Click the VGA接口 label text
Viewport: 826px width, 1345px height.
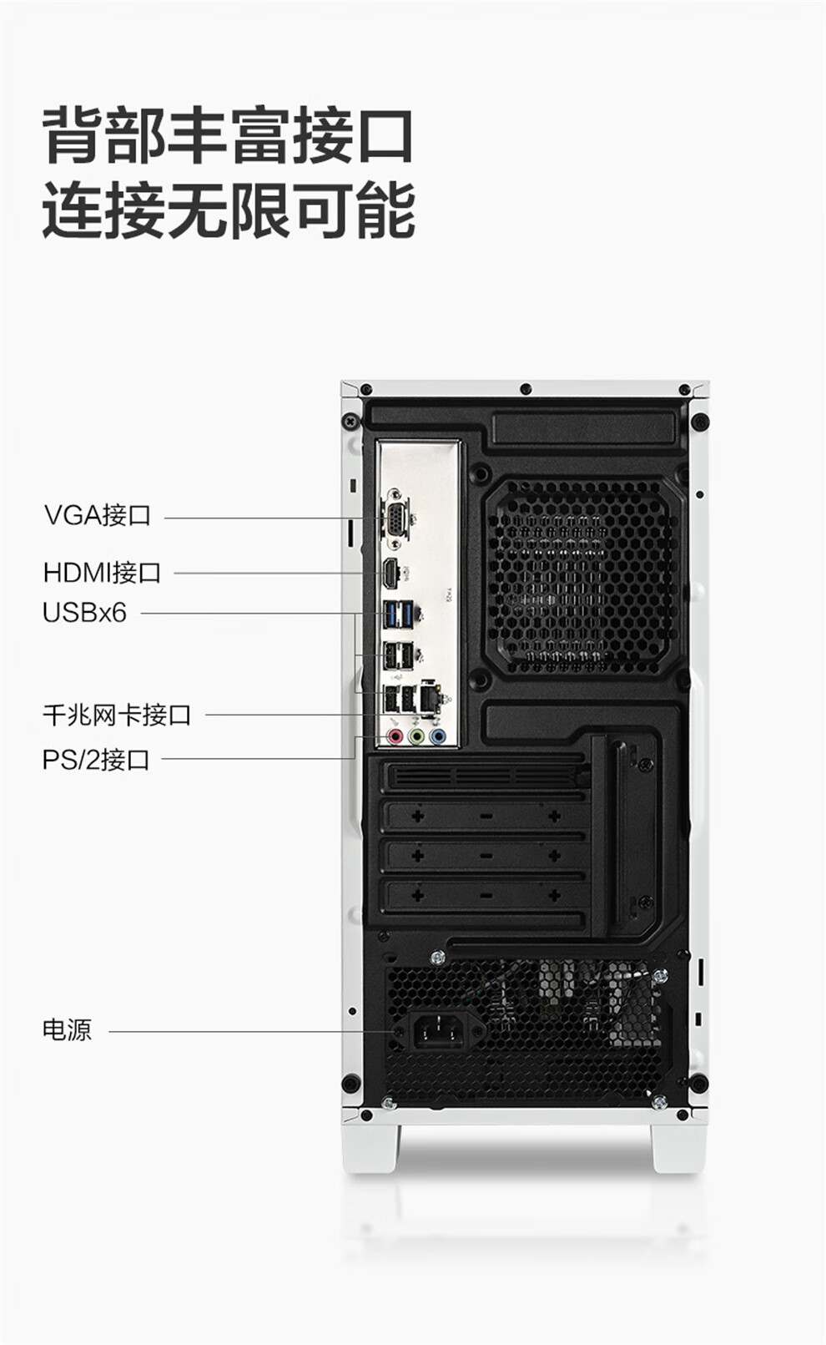[x=98, y=515]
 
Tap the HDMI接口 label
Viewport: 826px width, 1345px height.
[x=102, y=573]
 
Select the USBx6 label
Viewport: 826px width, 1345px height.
[x=84, y=613]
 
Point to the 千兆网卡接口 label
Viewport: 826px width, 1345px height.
[x=117, y=715]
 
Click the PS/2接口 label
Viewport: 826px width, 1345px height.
[x=96, y=760]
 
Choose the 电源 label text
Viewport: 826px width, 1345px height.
[x=67, y=1029]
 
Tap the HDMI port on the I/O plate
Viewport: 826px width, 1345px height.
[x=390, y=574]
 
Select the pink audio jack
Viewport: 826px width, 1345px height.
[x=395, y=737]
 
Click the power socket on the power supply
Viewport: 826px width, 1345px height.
[x=438, y=1032]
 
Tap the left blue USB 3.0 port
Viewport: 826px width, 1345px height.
[x=390, y=614]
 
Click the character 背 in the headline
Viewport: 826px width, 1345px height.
[x=73, y=134]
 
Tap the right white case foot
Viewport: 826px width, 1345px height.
[x=677, y=1147]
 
